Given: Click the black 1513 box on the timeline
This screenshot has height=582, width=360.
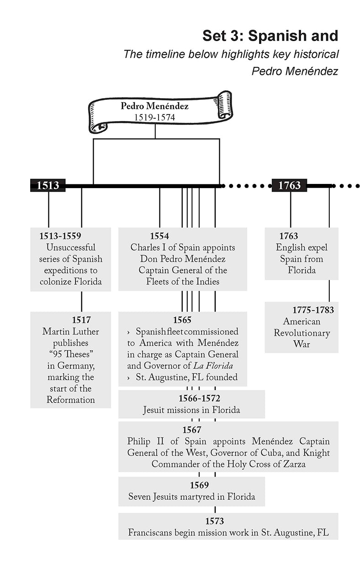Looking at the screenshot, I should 48,185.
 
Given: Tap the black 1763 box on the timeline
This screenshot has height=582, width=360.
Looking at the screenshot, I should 289,185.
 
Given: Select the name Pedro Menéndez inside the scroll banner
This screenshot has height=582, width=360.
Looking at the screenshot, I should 154,106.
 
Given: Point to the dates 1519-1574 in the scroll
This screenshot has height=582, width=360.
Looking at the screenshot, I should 154,117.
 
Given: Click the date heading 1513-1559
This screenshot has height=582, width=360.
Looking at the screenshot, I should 60,236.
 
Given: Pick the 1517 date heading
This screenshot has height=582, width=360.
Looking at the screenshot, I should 81,320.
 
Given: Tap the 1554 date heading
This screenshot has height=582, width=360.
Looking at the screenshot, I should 159,236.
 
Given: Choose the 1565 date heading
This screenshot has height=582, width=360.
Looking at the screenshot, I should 182,320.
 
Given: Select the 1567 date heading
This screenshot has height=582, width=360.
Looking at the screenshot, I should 191,430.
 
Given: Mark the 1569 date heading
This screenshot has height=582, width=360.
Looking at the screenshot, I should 199,485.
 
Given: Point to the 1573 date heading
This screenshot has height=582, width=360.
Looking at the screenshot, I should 214,521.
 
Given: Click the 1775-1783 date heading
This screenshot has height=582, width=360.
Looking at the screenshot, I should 313,310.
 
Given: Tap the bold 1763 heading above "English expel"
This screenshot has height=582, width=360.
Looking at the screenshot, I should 288,236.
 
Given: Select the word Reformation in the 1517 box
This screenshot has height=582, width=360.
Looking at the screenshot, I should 71,400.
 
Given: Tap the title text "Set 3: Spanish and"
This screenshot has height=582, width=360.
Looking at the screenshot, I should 270,36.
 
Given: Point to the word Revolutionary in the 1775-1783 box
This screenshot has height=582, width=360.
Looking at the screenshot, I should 302,333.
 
